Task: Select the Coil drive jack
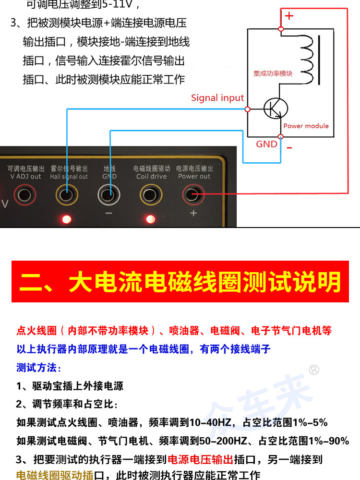tap(151, 194)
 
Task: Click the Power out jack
tap(193, 194)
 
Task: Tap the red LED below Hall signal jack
tap(66, 219)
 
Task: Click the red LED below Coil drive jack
tap(151, 219)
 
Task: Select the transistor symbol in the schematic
tap(276, 109)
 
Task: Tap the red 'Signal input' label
tap(217, 98)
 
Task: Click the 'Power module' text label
tap(306, 126)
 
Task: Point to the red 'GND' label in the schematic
tap(266, 144)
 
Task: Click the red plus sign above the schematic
tap(289, 16)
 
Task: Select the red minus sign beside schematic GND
tap(289, 147)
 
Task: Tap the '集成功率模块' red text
tap(273, 74)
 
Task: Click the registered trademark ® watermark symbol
tap(313, 370)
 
